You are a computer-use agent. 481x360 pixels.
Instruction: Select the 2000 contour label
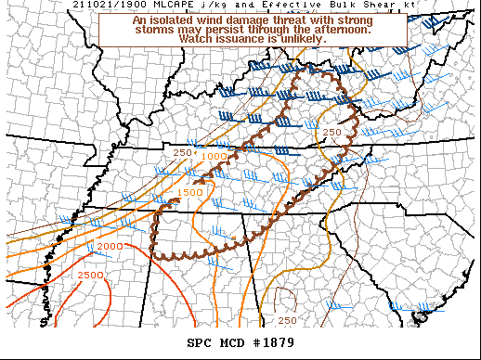[x=110, y=246]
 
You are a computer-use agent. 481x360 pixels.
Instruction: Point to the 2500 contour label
[x=90, y=276]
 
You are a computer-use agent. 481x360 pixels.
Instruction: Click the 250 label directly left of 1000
[x=182, y=152]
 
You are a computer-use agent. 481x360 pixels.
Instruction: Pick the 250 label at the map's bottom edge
[x=288, y=320]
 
